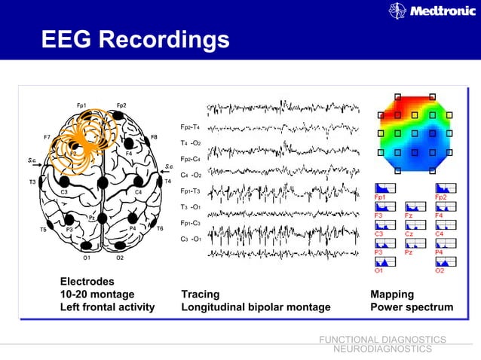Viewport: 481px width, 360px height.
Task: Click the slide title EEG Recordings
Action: pyautogui.click(x=136, y=38)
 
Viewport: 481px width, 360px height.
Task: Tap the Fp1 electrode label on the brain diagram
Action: pyautogui.click(x=81, y=105)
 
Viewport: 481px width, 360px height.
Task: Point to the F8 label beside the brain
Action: pyautogui.click(x=154, y=137)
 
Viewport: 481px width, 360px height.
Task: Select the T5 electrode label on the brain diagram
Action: pyautogui.click(x=44, y=229)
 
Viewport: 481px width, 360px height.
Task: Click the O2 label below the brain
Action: pyautogui.click(x=120, y=258)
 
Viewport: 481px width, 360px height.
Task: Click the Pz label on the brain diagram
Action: pyautogui.click(x=92, y=218)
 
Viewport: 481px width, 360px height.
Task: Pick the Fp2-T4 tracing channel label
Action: pyautogui.click(x=190, y=127)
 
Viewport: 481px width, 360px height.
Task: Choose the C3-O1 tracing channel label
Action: pyautogui.click(x=190, y=239)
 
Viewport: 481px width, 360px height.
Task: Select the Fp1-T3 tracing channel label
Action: pyautogui.click(x=190, y=191)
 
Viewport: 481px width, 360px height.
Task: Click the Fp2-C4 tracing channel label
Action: pyautogui.click(x=190, y=159)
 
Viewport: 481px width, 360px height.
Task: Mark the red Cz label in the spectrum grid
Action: pyautogui.click(x=409, y=234)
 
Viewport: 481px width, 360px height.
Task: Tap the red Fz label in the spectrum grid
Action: pyautogui.click(x=409, y=215)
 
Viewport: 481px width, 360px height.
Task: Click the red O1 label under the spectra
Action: pyautogui.click(x=378, y=270)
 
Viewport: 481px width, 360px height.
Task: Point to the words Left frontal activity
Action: pyautogui.click(x=107, y=307)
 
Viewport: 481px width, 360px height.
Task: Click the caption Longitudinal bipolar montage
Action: pyautogui.click(x=256, y=307)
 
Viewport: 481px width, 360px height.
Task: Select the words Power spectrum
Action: pyautogui.click(x=412, y=307)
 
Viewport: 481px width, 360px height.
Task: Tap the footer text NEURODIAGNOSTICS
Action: pyautogui.click(x=382, y=349)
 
